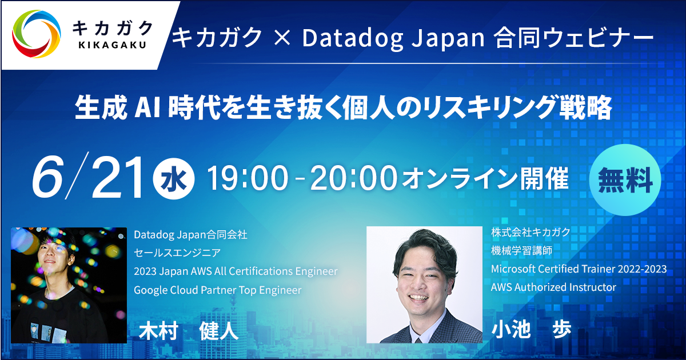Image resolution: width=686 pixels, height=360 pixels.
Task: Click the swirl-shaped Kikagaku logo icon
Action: coord(36,34)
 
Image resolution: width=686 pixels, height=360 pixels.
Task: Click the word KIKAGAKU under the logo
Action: coord(113,45)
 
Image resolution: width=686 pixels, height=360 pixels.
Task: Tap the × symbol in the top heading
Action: coord(282,37)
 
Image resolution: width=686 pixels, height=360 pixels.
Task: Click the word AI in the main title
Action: coord(147,107)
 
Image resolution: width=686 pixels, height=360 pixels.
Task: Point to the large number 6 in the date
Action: coord(48,177)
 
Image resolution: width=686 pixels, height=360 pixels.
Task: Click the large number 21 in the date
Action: coord(118,177)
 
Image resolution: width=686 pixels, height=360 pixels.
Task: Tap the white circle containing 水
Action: coord(174,178)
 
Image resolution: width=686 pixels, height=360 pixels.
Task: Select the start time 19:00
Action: coord(248,178)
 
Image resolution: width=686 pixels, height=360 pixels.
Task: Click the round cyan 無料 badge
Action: coord(625,180)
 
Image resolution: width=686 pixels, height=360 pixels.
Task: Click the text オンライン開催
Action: coord(485,178)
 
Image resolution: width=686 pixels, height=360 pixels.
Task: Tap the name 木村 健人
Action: coord(188,331)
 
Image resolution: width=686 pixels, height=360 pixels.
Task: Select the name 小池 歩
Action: coord(531,329)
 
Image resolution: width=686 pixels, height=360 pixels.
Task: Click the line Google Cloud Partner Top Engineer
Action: coord(218,290)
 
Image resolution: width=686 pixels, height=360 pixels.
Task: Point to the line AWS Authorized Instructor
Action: coord(553,287)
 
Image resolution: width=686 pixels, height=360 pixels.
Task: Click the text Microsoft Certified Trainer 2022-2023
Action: coord(579,269)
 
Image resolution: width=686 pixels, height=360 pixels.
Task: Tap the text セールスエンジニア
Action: coord(177,253)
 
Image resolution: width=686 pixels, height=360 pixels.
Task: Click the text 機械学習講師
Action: coord(521,251)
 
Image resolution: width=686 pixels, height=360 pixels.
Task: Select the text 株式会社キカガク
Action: coord(531,233)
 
